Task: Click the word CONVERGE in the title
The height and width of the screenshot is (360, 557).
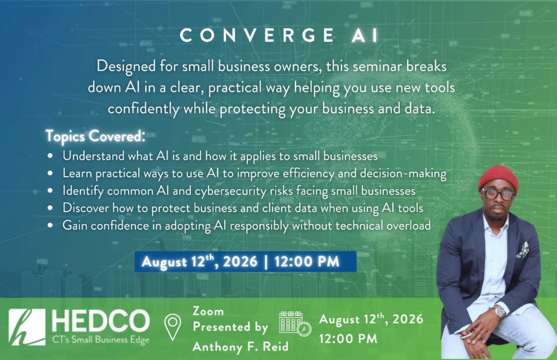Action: click(257, 35)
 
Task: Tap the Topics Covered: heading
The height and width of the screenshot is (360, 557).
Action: click(95, 136)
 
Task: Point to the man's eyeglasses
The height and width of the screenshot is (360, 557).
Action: click(498, 194)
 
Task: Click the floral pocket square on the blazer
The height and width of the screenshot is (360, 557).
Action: click(522, 250)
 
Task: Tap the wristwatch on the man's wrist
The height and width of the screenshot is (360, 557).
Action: click(499, 312)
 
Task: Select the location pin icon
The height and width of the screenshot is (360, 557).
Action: click(173, 327)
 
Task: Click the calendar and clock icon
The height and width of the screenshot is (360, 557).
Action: click(295, 324)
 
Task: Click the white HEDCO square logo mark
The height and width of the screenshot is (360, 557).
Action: click(27, 327)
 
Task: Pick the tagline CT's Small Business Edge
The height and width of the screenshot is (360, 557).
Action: click(101, 340)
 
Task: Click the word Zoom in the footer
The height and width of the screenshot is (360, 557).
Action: click(208, 311)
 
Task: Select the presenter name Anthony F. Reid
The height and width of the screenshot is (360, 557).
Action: click(240, 347)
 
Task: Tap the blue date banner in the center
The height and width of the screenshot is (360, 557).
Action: click(246, 262)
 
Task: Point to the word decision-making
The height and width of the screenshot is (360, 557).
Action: click(403, 174)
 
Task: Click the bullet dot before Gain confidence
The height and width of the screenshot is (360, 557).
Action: click(50, 225)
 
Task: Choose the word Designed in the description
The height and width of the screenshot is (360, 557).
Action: click(126, 67)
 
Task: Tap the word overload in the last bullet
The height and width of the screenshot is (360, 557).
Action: click(408, 225)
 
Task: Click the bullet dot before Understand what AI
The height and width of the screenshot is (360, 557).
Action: click(50, 156)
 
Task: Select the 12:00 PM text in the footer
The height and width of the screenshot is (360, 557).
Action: click(348, 339)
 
